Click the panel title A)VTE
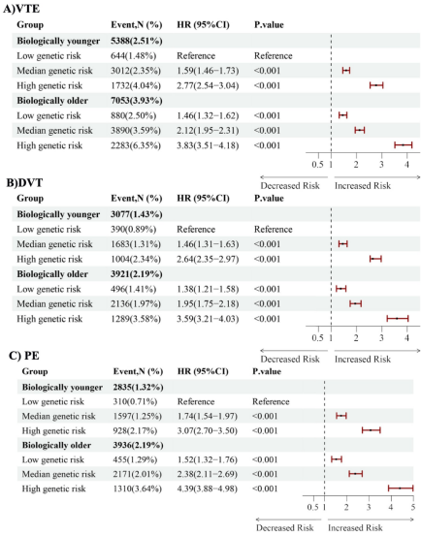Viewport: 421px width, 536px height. tap(21, 9)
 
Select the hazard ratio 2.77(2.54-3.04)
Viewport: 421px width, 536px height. tap(208, 85)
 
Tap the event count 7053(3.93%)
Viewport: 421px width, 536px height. tap(137, 101)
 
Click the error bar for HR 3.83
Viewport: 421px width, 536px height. tap(404, 145)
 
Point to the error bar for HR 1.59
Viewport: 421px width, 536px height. tap(346, 71)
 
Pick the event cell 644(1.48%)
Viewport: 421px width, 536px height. tap(133, 55)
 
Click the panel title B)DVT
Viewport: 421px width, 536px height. tap(24, 183)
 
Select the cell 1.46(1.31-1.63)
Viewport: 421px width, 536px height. tap(208, 244)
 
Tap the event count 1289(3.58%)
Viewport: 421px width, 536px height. tap(136, 319)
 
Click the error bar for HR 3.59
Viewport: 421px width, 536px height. tap(398, 319)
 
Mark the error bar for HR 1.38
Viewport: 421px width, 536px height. tap(341, 289)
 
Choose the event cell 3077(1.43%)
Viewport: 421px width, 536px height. tap(137, 214)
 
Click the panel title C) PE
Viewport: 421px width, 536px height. tap(24, 356)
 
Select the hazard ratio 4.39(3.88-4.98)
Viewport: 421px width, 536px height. tap(208, 489)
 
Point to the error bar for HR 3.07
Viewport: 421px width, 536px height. tap(372, 430)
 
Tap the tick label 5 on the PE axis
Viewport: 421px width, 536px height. tap(413, 507)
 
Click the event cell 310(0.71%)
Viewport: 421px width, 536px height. tap(135, 401)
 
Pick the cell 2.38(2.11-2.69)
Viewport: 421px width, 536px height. tap(208, 474)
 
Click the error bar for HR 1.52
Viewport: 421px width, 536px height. tap(337, 459)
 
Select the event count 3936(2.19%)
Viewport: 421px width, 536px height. tap(138, 445)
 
